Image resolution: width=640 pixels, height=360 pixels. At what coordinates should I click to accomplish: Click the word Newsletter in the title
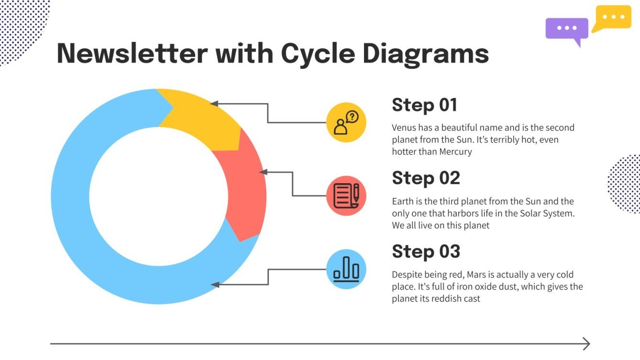point(132,53)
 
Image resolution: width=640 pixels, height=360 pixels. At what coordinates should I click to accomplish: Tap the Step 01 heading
point(424,105)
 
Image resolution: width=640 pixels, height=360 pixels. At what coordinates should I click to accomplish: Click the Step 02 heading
point(426,178)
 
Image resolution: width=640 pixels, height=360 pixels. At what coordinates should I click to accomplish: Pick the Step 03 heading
point(426,251)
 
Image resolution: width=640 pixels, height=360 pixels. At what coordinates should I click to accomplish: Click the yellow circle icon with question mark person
point(346,122)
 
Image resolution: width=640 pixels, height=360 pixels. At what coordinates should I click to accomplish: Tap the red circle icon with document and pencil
point(346,196)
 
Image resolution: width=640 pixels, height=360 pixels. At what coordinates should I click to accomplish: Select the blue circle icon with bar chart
point(346,269)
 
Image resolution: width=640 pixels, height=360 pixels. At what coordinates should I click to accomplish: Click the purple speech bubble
point(567,29)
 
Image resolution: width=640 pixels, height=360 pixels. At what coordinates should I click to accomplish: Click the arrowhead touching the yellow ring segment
point(214,103)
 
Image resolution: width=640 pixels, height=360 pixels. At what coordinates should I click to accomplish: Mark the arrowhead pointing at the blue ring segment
point(215,284)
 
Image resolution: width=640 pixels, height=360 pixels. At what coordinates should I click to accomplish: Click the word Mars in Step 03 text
point(476,275)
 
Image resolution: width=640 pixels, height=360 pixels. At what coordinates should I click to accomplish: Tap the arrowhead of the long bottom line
point(586,343)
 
